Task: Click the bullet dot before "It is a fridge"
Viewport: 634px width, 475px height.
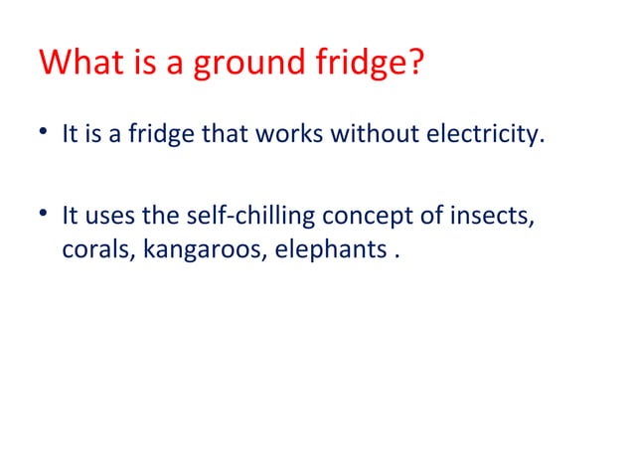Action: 46,134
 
